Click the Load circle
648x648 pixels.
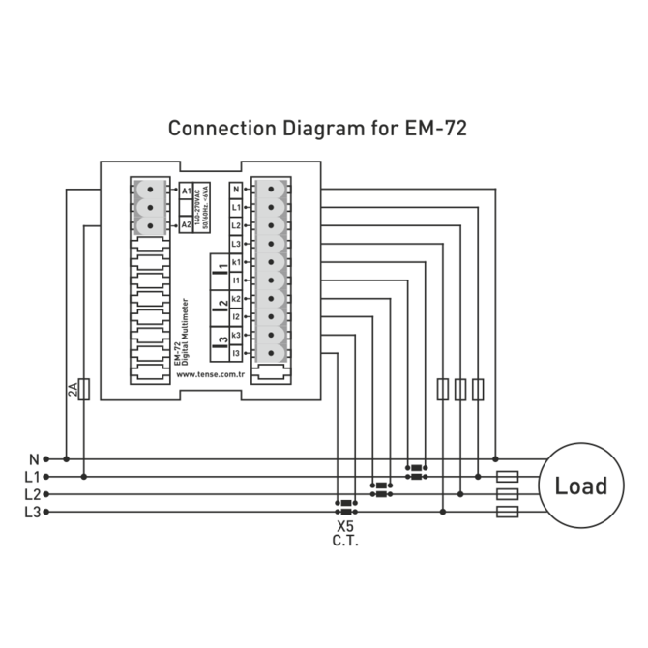pos(580,486)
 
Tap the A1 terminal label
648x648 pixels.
pos(186,191)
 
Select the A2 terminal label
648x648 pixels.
pos(186,224)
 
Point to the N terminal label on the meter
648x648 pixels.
pos(236,190)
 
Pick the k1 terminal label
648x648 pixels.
pos(236,262)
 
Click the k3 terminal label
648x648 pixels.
pos(236,335)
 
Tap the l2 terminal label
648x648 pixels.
pos(236,316)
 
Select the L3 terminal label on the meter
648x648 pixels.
pos(236,244)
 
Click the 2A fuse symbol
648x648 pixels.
pos(84,390)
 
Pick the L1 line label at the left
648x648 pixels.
pos(32,477)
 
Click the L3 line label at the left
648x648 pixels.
pos(32,512)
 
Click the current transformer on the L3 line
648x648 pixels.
pos(344,503)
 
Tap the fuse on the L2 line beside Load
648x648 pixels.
pos(507,494)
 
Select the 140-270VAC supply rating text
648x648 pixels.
pos(196,208)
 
